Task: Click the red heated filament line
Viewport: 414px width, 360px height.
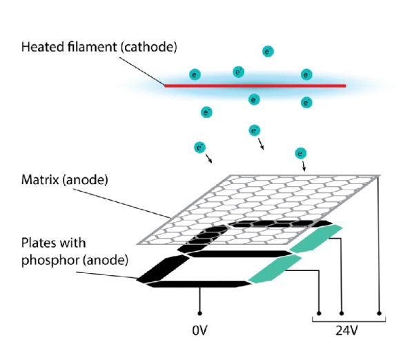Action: pos(255,86)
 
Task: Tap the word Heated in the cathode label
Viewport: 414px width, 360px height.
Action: pos(43,47)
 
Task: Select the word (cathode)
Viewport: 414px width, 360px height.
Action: pos(149,48)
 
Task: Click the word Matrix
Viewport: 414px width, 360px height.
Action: pos(40,180)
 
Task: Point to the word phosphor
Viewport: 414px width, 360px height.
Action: pos(50,261)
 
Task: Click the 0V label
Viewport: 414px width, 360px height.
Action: pos(200,330)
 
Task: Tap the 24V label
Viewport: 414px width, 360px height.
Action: pos(346,330)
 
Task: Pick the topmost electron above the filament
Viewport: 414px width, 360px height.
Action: pos(268,51)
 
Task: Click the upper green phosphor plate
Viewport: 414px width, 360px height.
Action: pos(316,239)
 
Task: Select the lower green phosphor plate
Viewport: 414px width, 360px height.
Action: pos(275,269)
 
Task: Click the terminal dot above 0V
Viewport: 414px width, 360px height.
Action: pos(200,313)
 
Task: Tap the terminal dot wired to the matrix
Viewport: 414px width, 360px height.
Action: pos(379,313)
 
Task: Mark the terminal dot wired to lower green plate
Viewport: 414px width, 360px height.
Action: pos(319,313)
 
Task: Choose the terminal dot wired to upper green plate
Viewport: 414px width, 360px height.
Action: pos(342,313)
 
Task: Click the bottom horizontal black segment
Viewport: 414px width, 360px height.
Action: pos(199,284)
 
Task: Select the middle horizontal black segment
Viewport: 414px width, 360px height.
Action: pos(239,254)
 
